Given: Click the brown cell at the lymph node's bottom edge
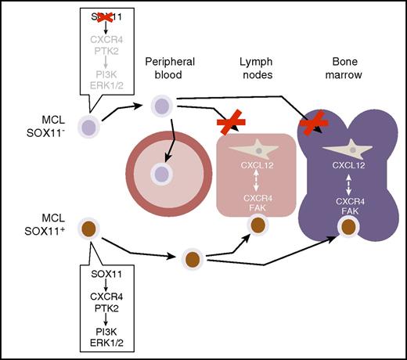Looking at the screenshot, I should [x=257, y=227].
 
